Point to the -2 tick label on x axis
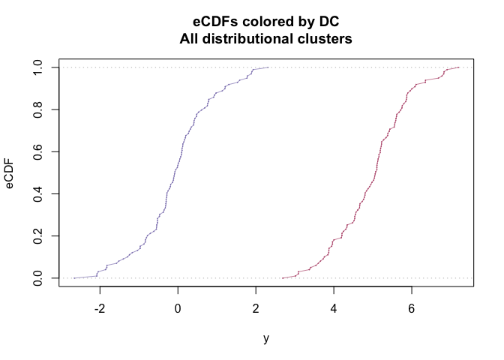tap(100, 307)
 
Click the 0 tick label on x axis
tap(178, 307)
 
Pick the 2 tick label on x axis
tap(256, 307)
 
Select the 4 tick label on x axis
tap(334, 307)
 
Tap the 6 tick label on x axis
tap(412, 307)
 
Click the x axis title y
tap(266, 337)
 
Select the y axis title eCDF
tap(10, 173)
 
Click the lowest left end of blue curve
tap(74, 277)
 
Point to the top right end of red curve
tap(458, 67)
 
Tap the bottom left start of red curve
tap(283, 277)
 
